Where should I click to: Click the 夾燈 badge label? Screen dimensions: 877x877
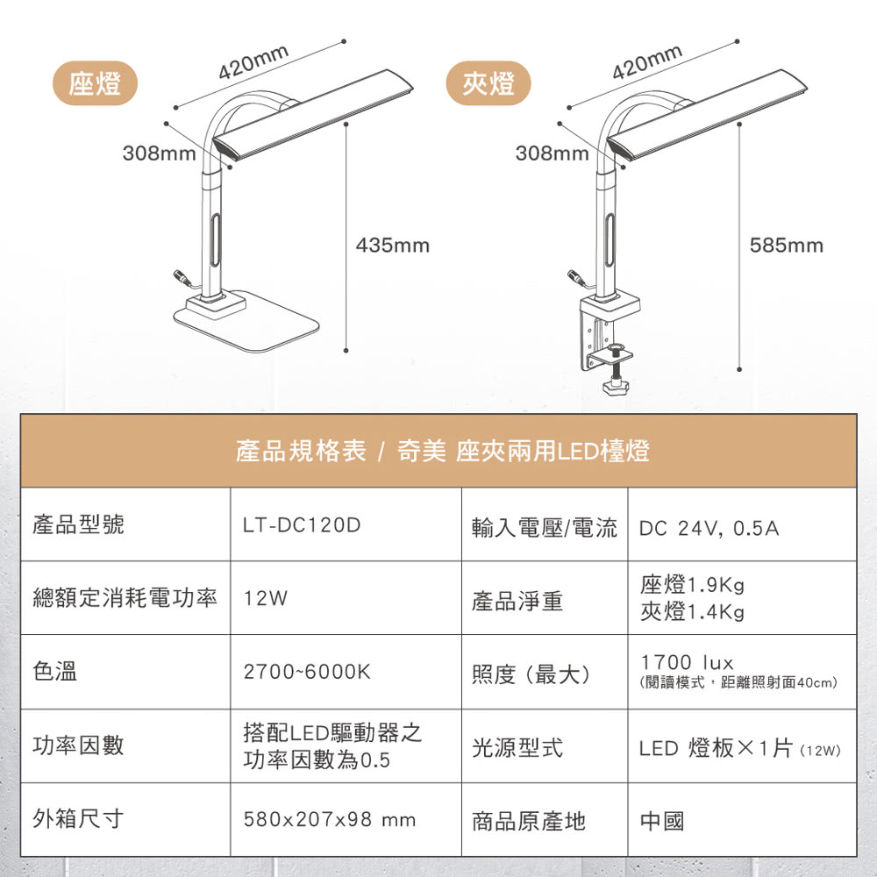(x=488, y=83)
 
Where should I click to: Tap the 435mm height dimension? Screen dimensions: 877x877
(x=393, y=246)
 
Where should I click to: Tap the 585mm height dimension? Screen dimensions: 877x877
(x=787, y=246)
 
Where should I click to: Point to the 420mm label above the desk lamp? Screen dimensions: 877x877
(x=253, y=61)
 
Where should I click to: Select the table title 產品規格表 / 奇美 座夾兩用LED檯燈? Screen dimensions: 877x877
(x=443, y=452)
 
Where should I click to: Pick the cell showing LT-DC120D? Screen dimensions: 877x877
(x=302, y=526)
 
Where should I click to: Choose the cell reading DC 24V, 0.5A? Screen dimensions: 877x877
(x=709, y=529)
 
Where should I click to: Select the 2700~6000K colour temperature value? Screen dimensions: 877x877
(x=307, y=673)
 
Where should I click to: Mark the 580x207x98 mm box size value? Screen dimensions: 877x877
(x=329, y=821)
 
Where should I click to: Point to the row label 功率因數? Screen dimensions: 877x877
(x=78, y=746)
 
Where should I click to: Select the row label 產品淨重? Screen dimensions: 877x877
(x=517, y=601)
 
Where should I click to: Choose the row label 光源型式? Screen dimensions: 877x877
(x=517, y=748)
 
